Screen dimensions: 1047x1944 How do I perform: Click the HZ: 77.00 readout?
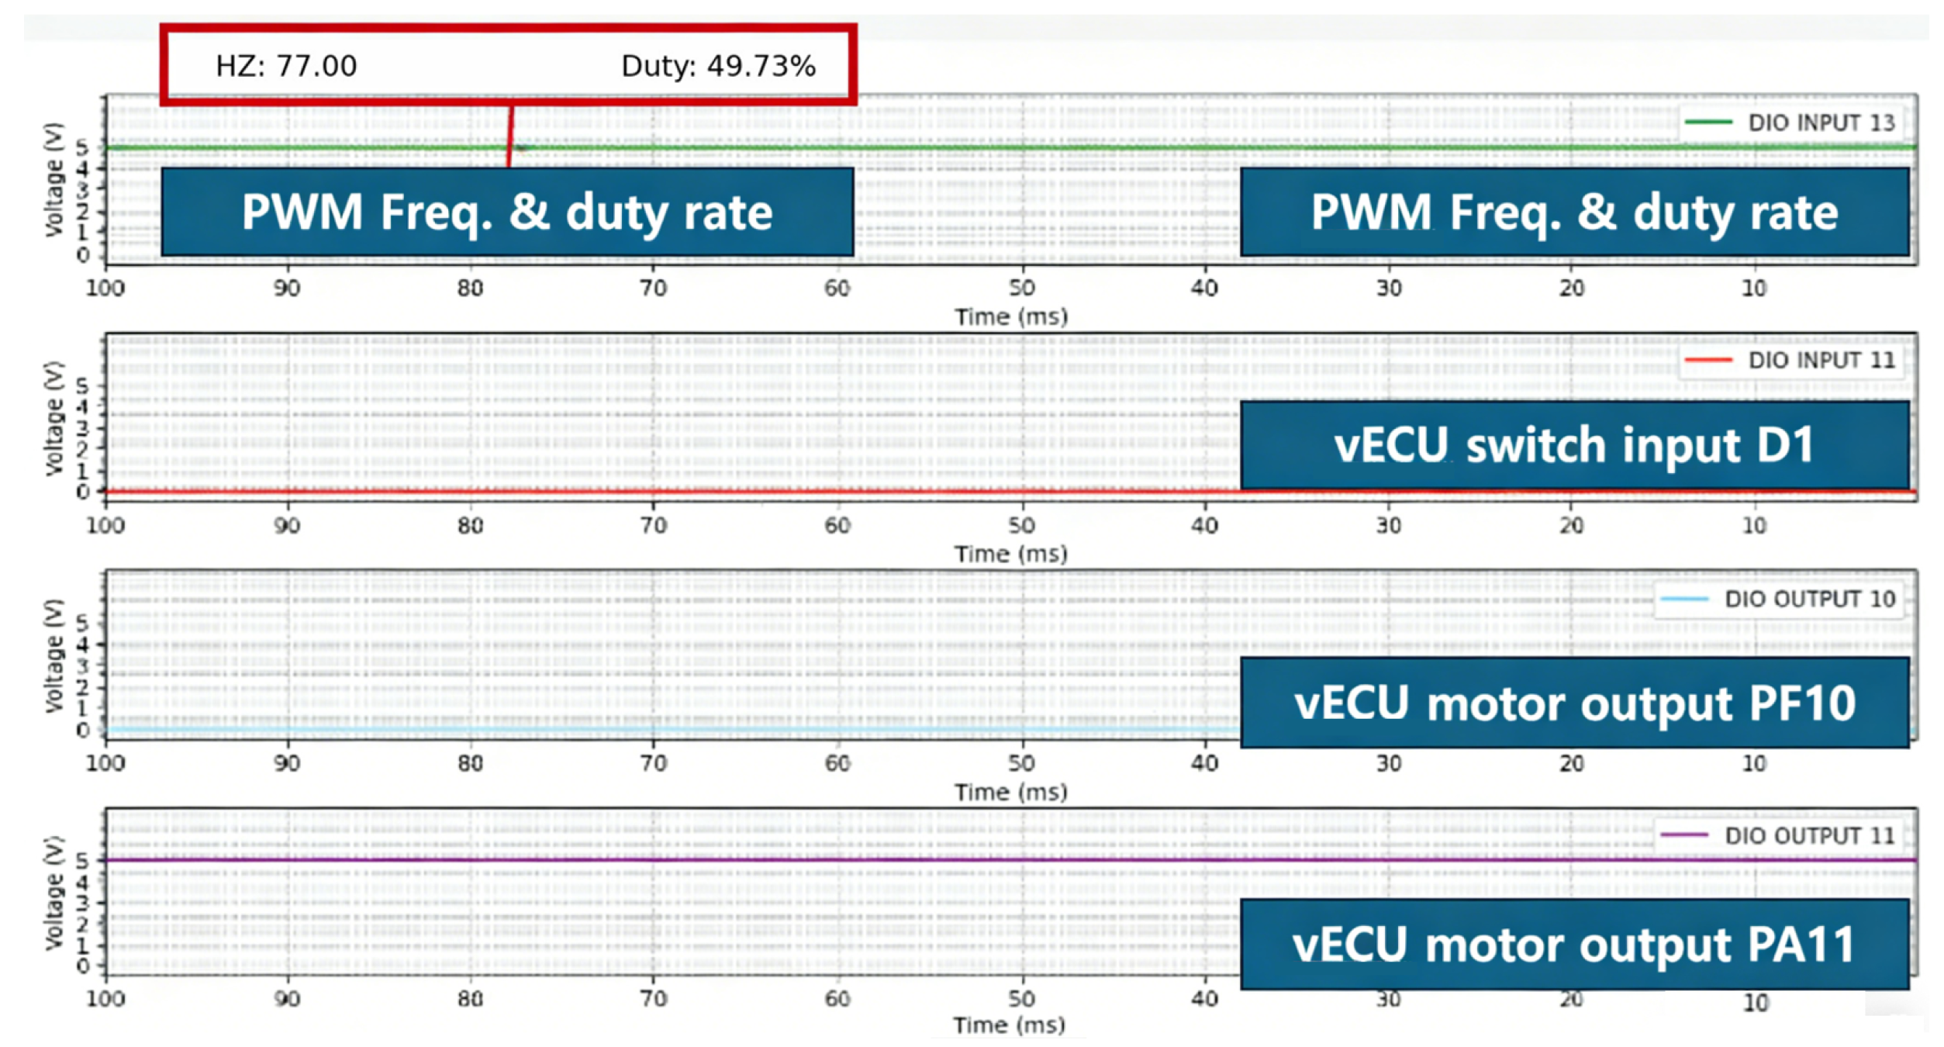tap(286, 66)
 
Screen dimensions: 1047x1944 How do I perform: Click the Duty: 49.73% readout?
tap(718, 66)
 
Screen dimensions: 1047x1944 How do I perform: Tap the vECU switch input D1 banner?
tap(1574, 445)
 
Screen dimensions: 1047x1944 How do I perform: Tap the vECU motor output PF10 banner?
tap(1574, 703)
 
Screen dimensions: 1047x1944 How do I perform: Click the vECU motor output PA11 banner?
tap(1574, 945)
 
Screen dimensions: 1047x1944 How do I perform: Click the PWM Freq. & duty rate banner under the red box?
tap(507, 212)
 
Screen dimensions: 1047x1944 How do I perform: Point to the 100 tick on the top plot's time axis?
tap(105, 288)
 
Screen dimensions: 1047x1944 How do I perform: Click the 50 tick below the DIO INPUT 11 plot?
tap(1021, 525)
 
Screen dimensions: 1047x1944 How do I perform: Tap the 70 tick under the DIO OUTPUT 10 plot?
tap(653, 763)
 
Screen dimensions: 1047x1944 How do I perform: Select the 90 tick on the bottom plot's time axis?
tap(287, 998)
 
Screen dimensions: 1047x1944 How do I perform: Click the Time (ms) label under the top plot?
tap(1010, 316)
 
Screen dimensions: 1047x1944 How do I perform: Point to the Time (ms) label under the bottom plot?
tap(1009, 1025)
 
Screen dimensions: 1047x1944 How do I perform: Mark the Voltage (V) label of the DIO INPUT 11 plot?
tap(53, 418)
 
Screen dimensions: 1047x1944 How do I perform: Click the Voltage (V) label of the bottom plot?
tap(53, 893)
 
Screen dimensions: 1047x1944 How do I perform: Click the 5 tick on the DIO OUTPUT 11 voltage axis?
tap(82, 860)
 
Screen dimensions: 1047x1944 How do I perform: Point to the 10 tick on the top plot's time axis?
tap(1754, 288)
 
